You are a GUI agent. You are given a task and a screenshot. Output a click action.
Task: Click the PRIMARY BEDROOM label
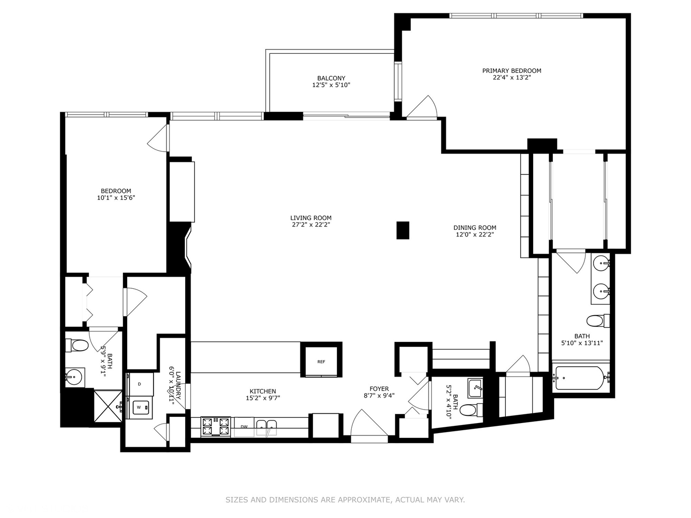[x=512, y=71]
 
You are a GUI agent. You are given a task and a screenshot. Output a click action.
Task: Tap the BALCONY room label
[x=331, y=78]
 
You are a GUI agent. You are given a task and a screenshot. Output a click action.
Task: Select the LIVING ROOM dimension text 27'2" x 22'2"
[x=311, y=224]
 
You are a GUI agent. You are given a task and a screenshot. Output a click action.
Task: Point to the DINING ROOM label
[x=475, y=228]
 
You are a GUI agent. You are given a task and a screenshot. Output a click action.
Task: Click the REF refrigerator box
[x=321, y=362]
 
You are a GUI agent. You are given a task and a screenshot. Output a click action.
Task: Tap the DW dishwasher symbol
[x=244, y=427]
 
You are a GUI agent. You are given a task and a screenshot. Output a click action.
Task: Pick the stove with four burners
[x=215, y=426]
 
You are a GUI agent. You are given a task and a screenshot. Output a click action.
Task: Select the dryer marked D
[x=140, y=384]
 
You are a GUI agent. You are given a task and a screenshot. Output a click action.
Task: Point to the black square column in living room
[x=403, y=230]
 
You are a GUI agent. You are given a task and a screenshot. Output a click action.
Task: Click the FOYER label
[x=379, y=388]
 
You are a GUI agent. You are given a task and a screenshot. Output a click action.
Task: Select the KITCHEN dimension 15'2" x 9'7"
[x=262, y=398]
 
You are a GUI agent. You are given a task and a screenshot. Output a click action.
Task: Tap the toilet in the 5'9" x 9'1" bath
[x=79, y=345]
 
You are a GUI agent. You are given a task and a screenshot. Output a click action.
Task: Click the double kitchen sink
[x=266, y=426]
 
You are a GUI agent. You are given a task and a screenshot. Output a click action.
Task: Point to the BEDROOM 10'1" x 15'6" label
[x=116, y=191]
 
